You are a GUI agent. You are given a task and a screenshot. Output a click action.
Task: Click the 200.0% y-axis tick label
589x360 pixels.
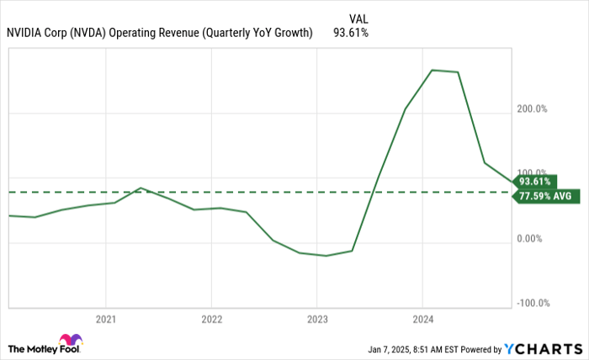click(x=531, y=109)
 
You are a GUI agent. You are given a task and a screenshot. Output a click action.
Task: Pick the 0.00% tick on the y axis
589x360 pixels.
click(x=533, y=238)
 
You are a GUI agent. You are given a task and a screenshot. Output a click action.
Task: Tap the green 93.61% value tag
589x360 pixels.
click(x=537, y=181)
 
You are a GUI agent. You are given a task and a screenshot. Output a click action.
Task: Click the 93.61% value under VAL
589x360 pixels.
click(x=351, y=33)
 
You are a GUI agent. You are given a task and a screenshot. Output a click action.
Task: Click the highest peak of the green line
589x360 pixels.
click(x=432, y=70)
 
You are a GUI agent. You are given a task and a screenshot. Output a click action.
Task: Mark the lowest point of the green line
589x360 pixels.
click(x=326, y=256)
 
